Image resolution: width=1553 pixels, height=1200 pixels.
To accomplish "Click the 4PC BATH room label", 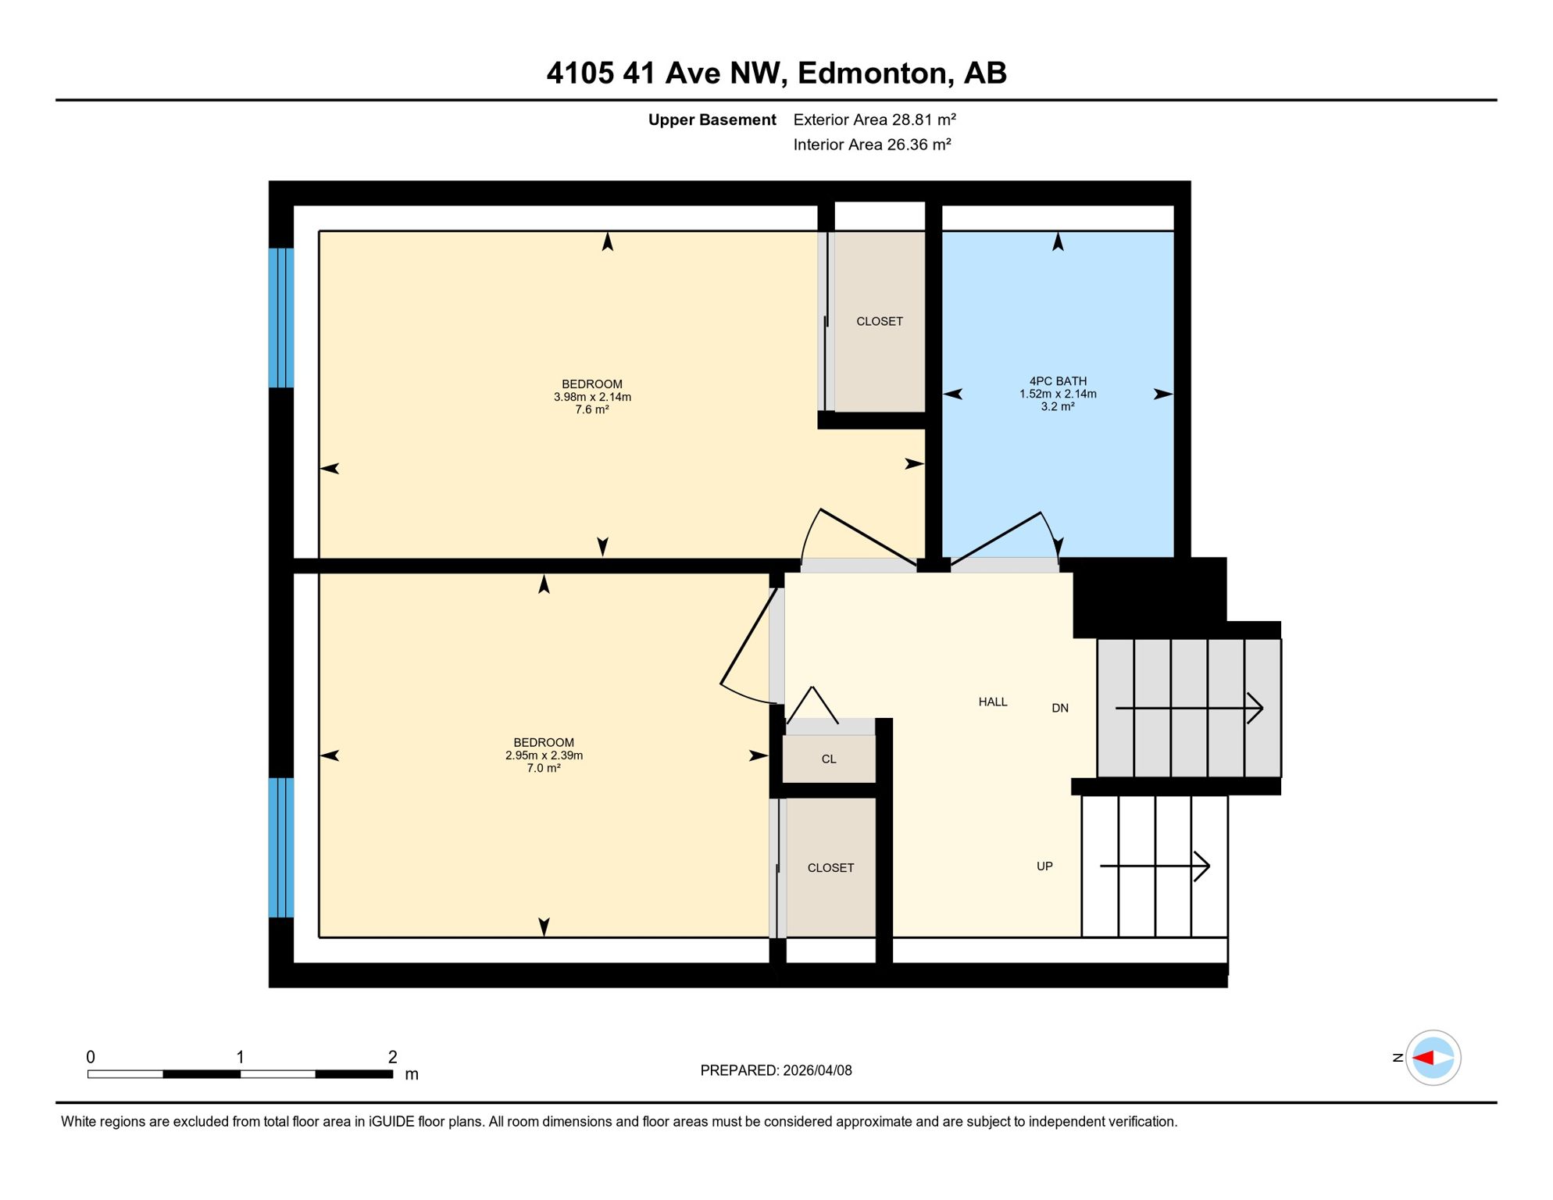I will tap(1057, 381).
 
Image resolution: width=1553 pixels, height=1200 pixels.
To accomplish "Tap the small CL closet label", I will tap(829, 759).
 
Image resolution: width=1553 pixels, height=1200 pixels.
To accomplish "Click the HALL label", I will tap(992, 702).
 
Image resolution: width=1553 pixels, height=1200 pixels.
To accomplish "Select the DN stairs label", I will tap(1059, 709).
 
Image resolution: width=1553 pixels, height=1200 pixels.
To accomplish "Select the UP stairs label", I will tap(1044, 866).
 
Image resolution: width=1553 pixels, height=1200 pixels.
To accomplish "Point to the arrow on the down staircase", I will tap(1189, 709).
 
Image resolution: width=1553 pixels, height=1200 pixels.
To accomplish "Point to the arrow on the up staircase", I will tap(1155, 866).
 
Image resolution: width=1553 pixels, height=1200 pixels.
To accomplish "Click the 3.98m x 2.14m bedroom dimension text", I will tap(592, 397).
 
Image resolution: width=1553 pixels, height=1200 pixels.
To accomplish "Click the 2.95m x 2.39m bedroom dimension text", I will tap(544, 755).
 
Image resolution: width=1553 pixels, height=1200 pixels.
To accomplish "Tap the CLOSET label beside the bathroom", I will tap(879, 322).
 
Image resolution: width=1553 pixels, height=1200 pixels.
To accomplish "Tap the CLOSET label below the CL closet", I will tap(830, 868).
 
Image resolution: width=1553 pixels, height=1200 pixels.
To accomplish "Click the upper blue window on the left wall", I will tap(281, 318).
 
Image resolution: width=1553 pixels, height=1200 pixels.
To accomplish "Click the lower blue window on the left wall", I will tap(281, 847).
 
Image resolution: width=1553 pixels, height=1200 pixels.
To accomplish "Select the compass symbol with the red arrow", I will tap(1433, 1058).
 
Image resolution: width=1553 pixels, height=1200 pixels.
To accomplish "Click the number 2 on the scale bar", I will tap(392, 1057).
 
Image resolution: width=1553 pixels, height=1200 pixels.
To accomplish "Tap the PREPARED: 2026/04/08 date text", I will tap(776, 1071).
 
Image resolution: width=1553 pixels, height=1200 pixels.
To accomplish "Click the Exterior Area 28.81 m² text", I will tap(874, 120).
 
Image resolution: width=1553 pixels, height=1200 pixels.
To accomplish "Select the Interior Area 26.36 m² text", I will tap(872, 145).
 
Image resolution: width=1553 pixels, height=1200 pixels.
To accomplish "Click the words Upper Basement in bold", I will tap(712, 120).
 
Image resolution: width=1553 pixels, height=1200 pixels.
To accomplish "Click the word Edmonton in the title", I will tap(873, 73).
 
